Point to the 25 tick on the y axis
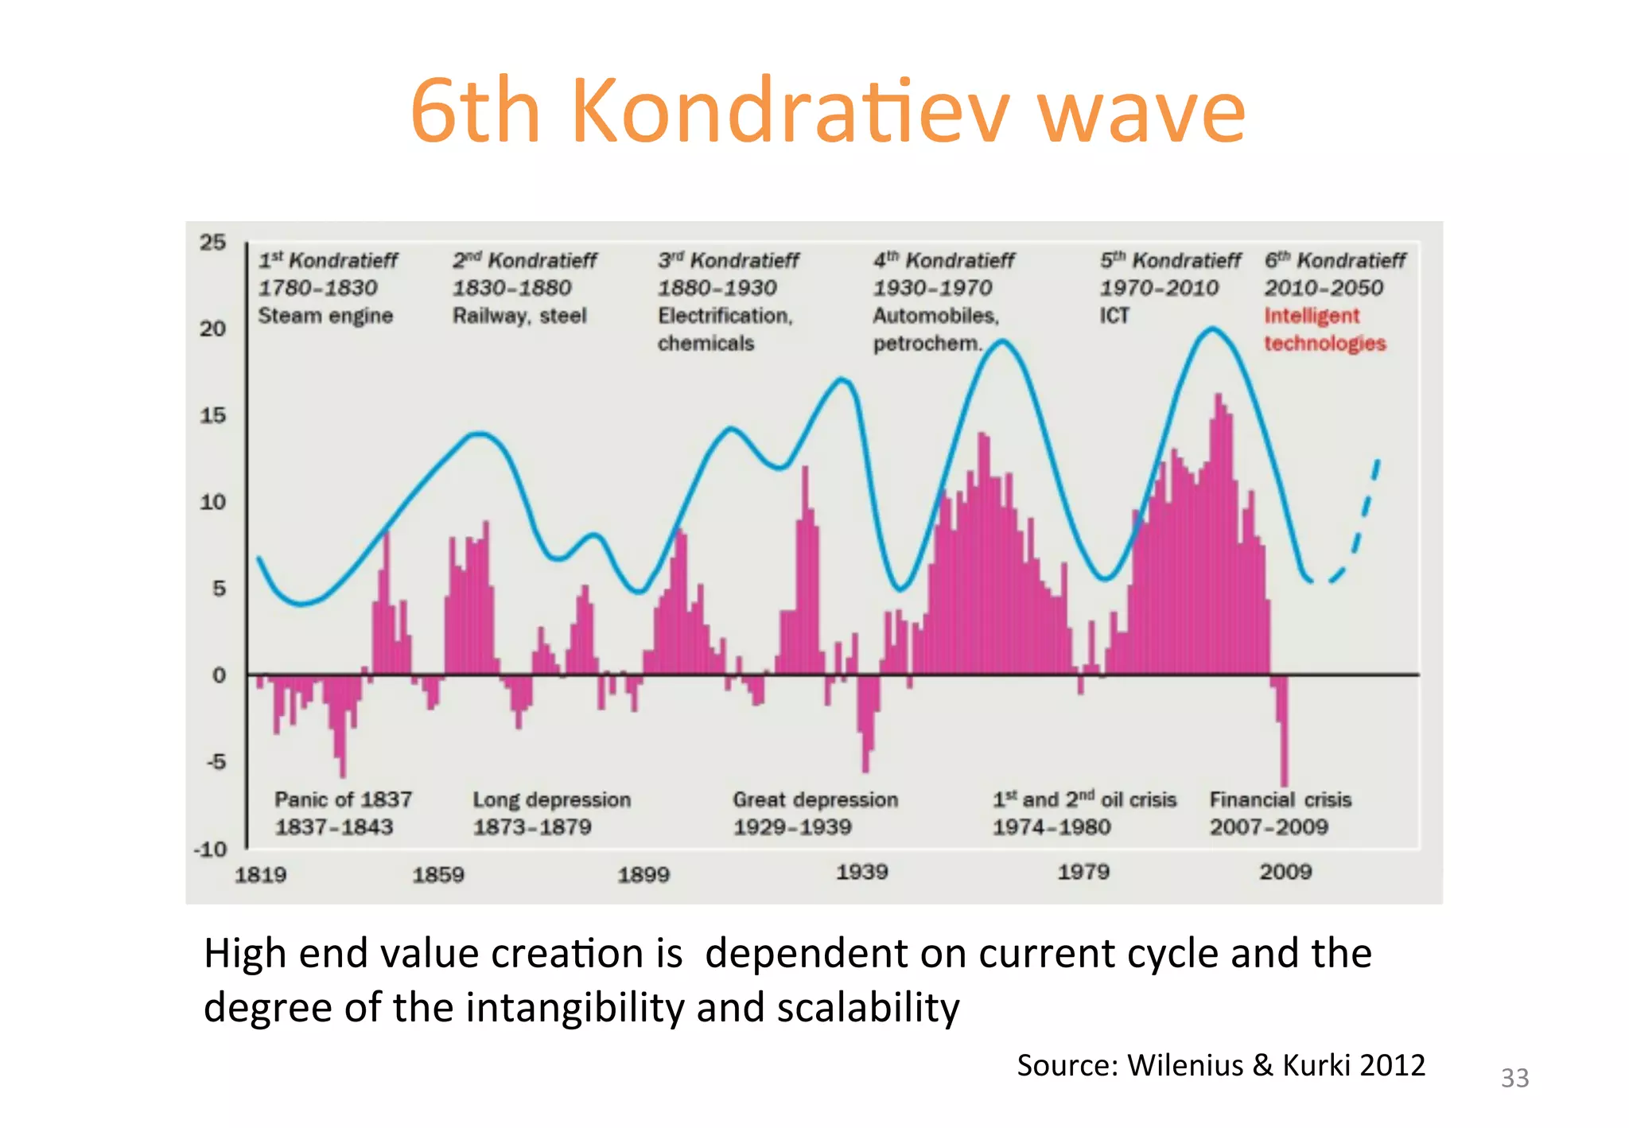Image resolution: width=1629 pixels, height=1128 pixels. pos(212,242)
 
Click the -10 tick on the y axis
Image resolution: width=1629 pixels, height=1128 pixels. pos(210,849)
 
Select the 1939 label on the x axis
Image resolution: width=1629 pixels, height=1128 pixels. pos(861,872)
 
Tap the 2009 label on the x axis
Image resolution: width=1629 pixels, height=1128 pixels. pos(1285,872)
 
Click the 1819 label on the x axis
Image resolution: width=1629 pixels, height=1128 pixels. pos(260,875)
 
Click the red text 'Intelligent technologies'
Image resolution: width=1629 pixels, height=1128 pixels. pos(1324,329)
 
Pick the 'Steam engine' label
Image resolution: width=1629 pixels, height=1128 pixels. pos(325,316)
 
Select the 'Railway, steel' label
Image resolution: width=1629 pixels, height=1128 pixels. pos(519,316)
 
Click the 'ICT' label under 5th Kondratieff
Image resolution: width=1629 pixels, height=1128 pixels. pos(1114,316)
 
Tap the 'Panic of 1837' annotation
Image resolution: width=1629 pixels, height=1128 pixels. pos(343,799)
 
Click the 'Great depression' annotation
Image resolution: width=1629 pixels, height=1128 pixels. pos(815,799)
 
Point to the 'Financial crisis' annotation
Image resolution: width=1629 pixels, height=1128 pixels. pos(1280,799)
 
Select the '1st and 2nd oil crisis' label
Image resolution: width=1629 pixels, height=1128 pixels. pos(1083,799)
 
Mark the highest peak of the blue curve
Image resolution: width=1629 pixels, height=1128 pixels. pos(1212,329)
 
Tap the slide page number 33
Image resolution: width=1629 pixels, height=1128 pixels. pos(1514,1078)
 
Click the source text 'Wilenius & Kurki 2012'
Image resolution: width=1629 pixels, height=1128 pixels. pos(1276,1065)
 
